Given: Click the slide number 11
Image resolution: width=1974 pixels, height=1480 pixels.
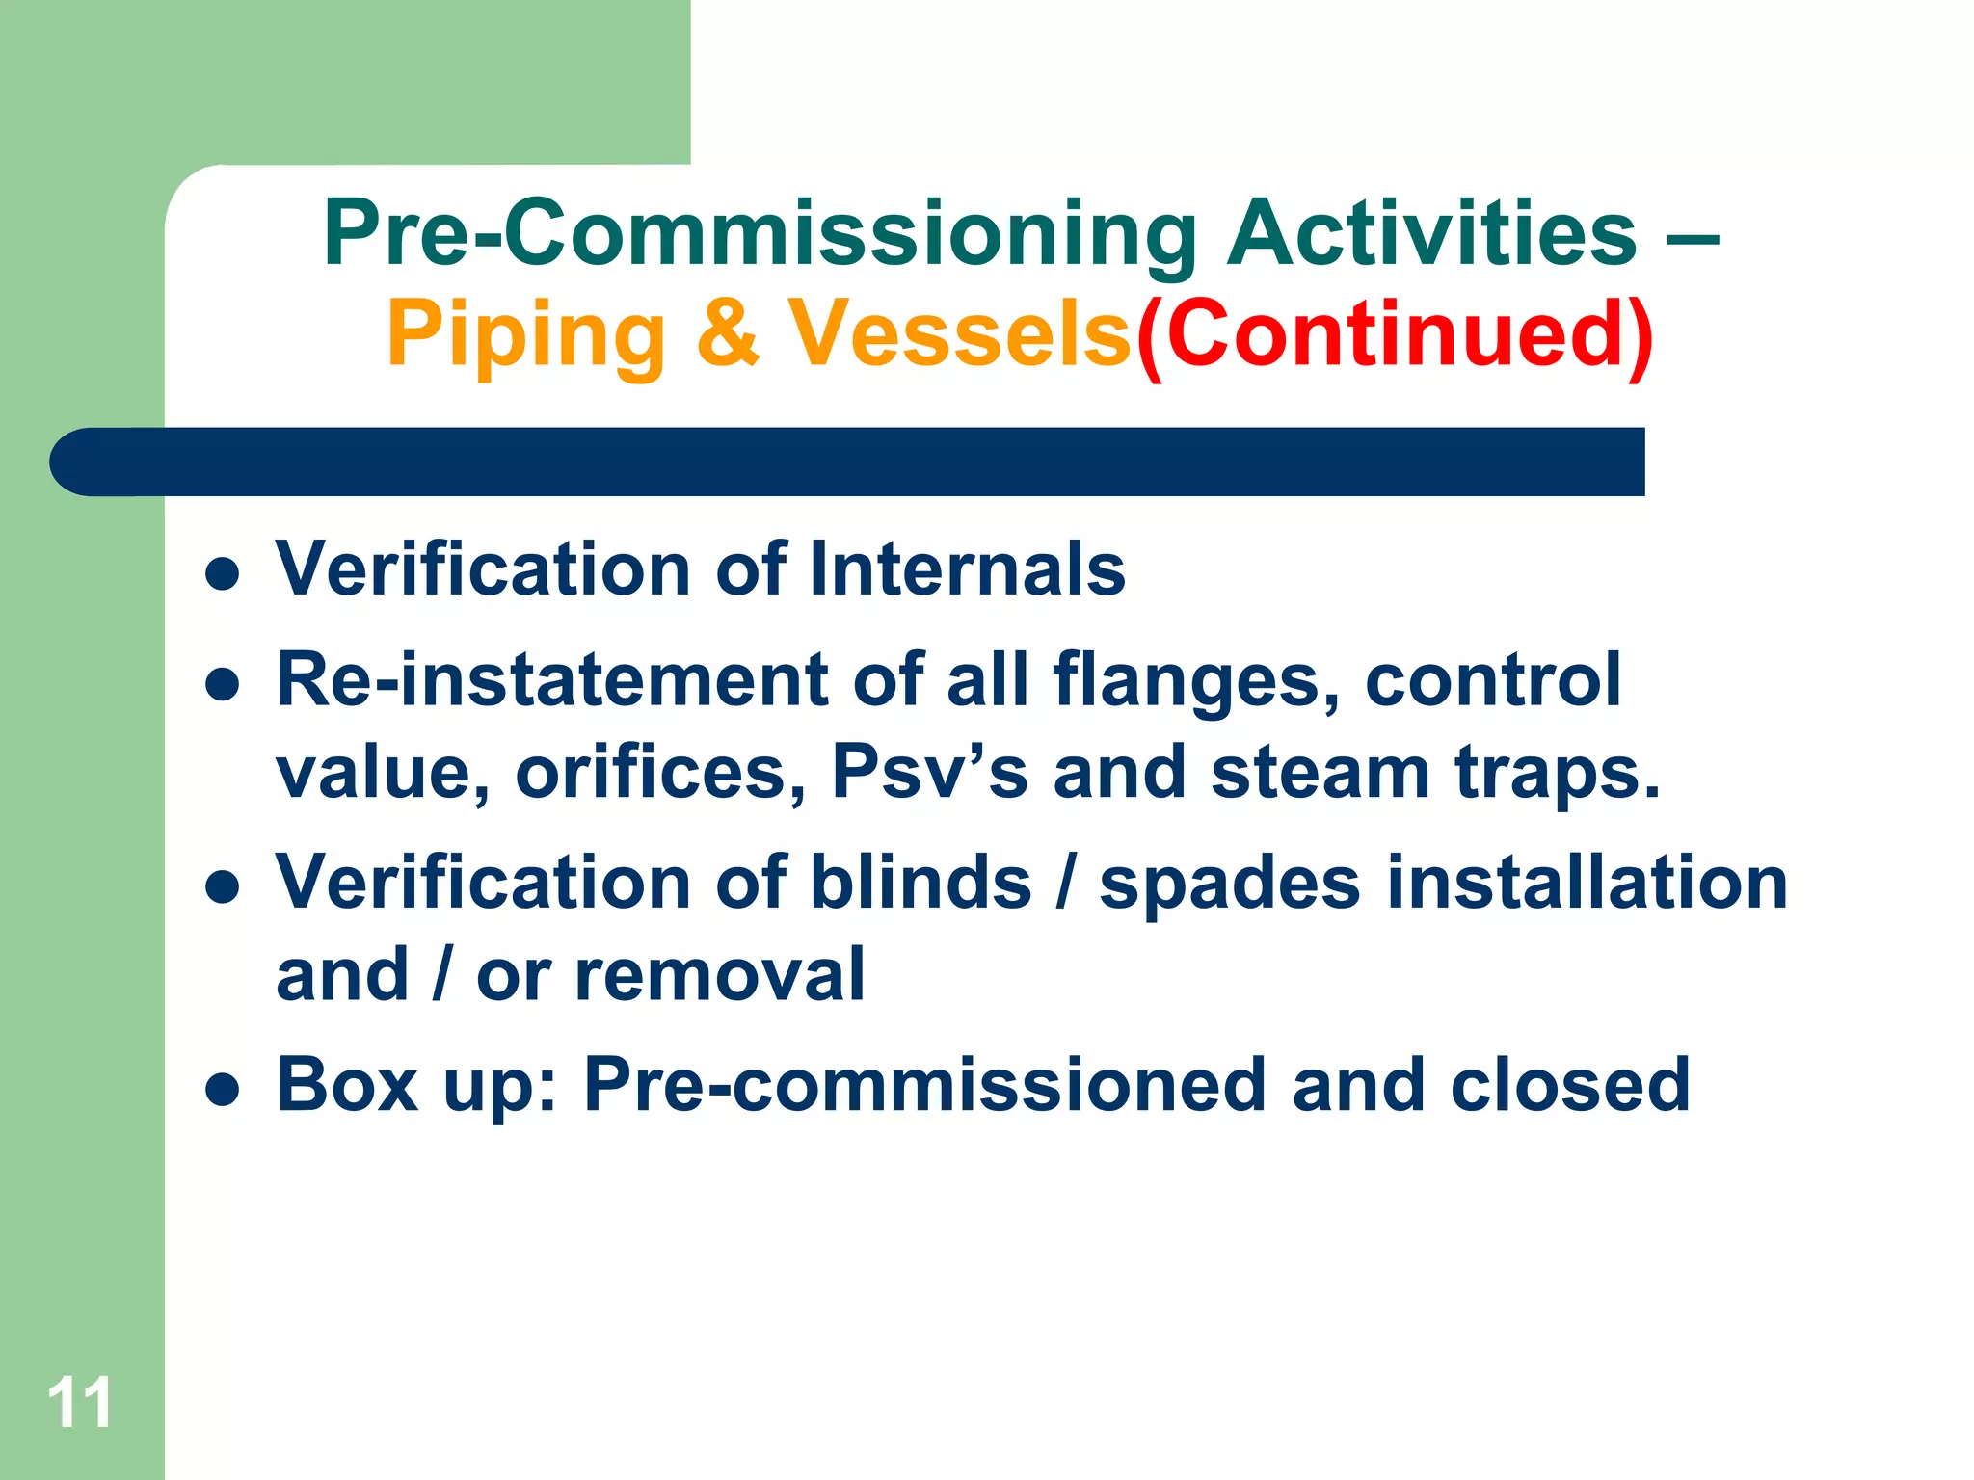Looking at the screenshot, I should (x=80, y=1403).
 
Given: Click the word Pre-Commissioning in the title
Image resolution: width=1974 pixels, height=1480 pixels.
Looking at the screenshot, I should (x=760, y=234).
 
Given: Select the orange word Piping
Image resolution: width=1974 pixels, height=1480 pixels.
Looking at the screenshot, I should (x=526, y=335).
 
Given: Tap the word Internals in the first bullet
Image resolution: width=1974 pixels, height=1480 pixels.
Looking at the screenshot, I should (x=967, y=568).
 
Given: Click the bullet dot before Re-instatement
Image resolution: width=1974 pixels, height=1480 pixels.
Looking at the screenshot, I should (x=223, y=685).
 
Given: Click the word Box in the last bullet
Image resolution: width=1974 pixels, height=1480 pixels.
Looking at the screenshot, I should (x=347, y=1085).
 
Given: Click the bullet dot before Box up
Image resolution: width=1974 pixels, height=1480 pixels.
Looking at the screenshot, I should (x=223, y=1090).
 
